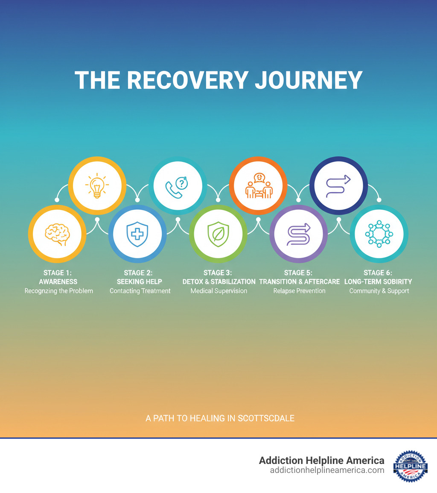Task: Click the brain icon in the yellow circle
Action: pyautogui.click(x=57, y=234)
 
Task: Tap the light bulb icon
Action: pyautogui.click(x=97, y=185)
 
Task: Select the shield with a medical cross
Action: pyautogui.click(x=137, y=234)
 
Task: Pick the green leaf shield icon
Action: pyautogui.click(x=218, y=234)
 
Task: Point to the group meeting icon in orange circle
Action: pyautogui.click(x=258, y=185)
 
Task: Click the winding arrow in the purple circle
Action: pyautogui.click(x=298, y=234)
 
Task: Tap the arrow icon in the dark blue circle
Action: pyautogui.click(x=338, y=185)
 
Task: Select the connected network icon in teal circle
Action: pyautogui.click(x=379, y=234)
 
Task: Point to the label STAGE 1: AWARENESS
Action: pyautogui.click(x=58, y=277)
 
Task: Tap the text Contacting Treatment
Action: pyautogui.click(x=140, y=291)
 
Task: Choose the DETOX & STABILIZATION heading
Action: pyautogui.click(x=218, y=282)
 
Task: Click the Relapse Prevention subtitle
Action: pyautogui.click(x=299, y=291)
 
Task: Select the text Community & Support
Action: pyautogui.click(x=379, y=291)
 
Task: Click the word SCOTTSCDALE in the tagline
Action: pyautogui.click(x=266, y=418)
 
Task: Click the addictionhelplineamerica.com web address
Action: pyautogui.click(x=327, y=470)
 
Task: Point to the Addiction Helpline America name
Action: pyautogui.click(x=321, y=460)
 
